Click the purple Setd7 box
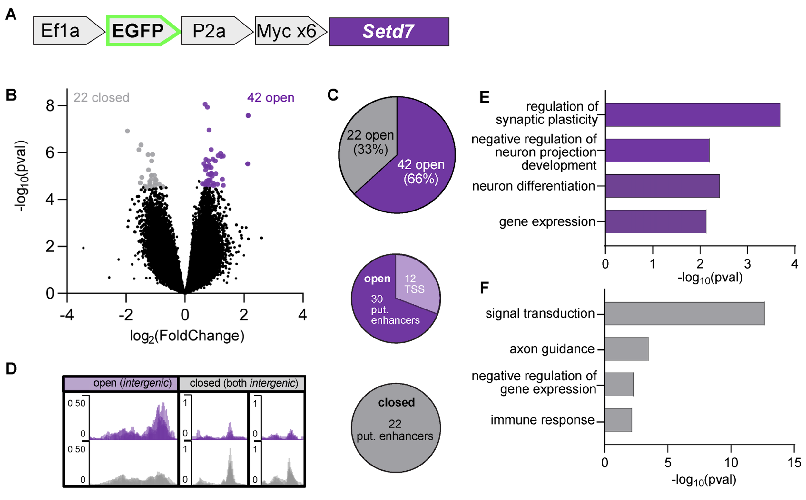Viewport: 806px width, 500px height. (388, 32)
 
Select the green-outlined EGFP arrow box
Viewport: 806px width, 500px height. (141, 31)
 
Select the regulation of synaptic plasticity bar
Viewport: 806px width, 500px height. (692, 115)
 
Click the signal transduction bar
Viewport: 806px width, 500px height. (684, 313)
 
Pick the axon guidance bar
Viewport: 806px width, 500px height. (626, 348)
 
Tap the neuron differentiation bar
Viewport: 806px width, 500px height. (662, 186)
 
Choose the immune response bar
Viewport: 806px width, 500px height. (618, 420)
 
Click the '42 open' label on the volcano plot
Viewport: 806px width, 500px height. (270, 98)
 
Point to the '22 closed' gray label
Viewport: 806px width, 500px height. (101, 98)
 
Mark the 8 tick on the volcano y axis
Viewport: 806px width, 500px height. (50, 106)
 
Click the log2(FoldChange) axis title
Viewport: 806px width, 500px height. (187, 336)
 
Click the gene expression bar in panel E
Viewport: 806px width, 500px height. (655, 221)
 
